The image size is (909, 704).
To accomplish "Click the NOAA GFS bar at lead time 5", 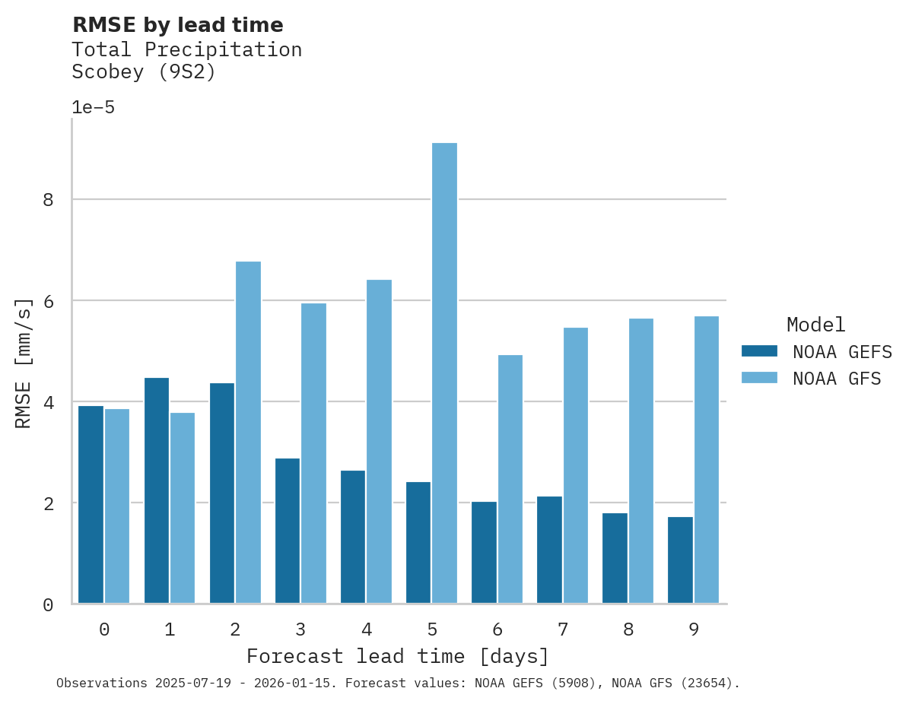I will [444, 373].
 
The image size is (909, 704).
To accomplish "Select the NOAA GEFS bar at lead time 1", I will [156, 490].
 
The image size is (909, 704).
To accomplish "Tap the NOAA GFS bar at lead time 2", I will [248, 433].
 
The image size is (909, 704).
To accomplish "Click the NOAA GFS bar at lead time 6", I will [510, 479].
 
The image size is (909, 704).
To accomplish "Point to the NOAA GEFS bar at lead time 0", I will [91, 505].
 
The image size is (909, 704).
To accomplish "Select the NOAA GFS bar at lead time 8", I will [640, 461].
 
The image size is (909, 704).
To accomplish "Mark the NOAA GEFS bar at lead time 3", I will [287, 531].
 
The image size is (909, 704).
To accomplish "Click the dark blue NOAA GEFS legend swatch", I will [759, 351].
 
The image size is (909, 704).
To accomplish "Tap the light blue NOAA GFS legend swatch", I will [759, 378].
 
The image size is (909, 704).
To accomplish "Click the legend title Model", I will [815, 325].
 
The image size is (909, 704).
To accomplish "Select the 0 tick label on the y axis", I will [47, 605].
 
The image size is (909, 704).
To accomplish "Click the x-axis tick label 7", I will [563, 629].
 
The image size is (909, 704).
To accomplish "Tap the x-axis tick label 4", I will [367, 629].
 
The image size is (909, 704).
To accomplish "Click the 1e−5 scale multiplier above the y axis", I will [93, 107].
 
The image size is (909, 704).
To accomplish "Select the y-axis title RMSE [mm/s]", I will [24, 363].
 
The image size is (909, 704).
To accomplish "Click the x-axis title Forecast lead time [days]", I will [397, 656].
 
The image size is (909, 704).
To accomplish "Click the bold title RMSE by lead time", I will [177, 25].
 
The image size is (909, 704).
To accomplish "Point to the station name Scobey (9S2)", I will [144, 72].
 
